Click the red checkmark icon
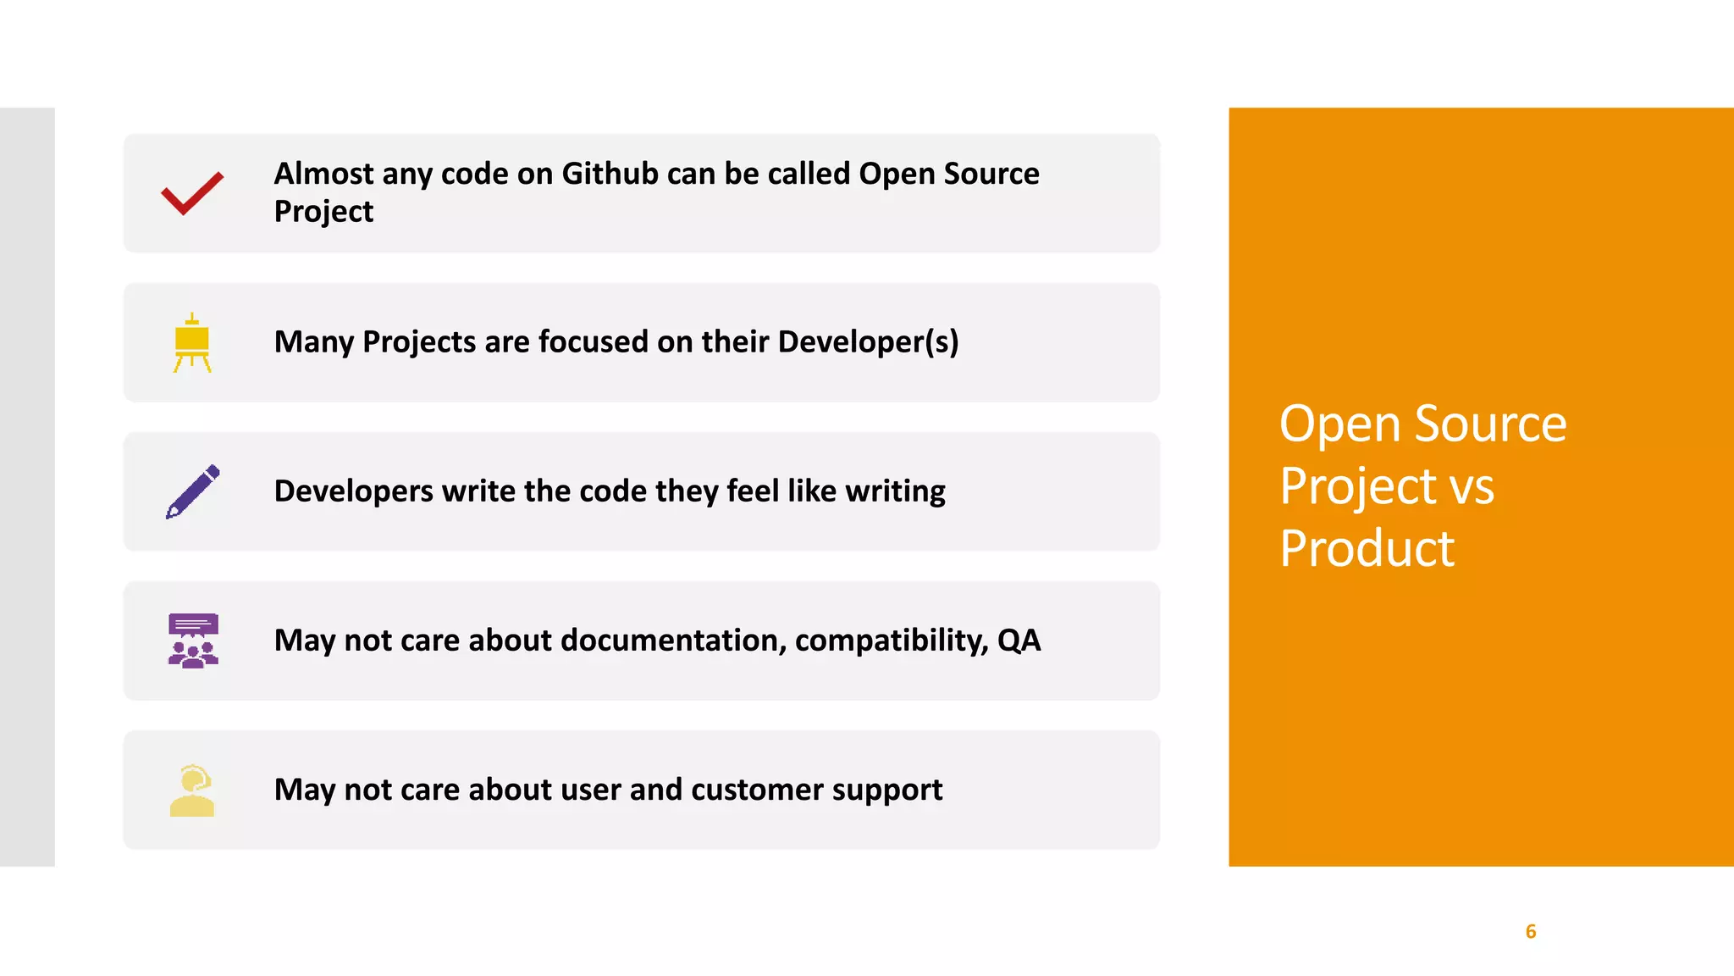tap(192, 193)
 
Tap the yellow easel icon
tap(192, 343)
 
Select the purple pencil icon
tap(193, 491)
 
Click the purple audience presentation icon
tap(193, 640)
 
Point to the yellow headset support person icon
tap(192, 790)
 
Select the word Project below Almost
tap(323, 212)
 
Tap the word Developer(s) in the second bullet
tap(868, 342)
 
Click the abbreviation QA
tap(1019, 640)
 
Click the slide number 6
tap(1530, 932)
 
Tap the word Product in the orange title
tap(1367, 549)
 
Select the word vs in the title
tap(1472, 487)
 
